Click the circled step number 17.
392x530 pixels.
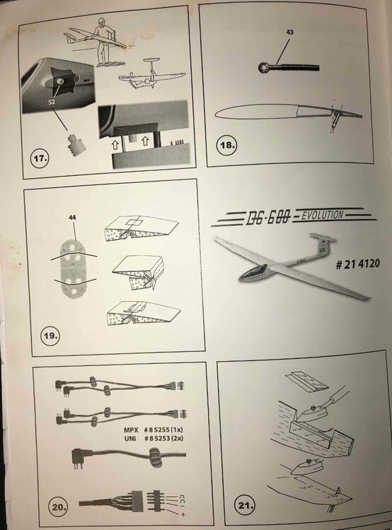pos(40,158)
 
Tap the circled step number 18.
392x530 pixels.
pos(227,146)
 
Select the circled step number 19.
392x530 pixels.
pos(50,336)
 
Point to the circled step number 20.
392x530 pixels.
pos(59,507)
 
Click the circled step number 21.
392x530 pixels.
pos(244,506)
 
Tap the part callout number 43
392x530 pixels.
pos(290,32)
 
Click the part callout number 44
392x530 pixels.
pos(72,218)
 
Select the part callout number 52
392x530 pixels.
pos(52,102)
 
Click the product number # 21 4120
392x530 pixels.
pos(357,264)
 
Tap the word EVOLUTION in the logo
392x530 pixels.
pos(322,215)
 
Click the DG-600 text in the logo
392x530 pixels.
pos(268,218)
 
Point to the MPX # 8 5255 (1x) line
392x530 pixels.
pos(153,430)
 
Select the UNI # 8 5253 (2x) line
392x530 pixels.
pos(154,438)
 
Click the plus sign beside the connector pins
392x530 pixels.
pos(183,514)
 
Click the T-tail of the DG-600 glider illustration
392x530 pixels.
pos(323,241)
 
